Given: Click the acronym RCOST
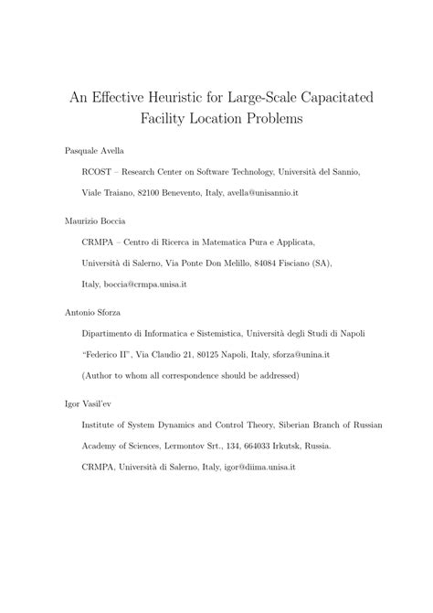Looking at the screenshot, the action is point(99,171).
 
